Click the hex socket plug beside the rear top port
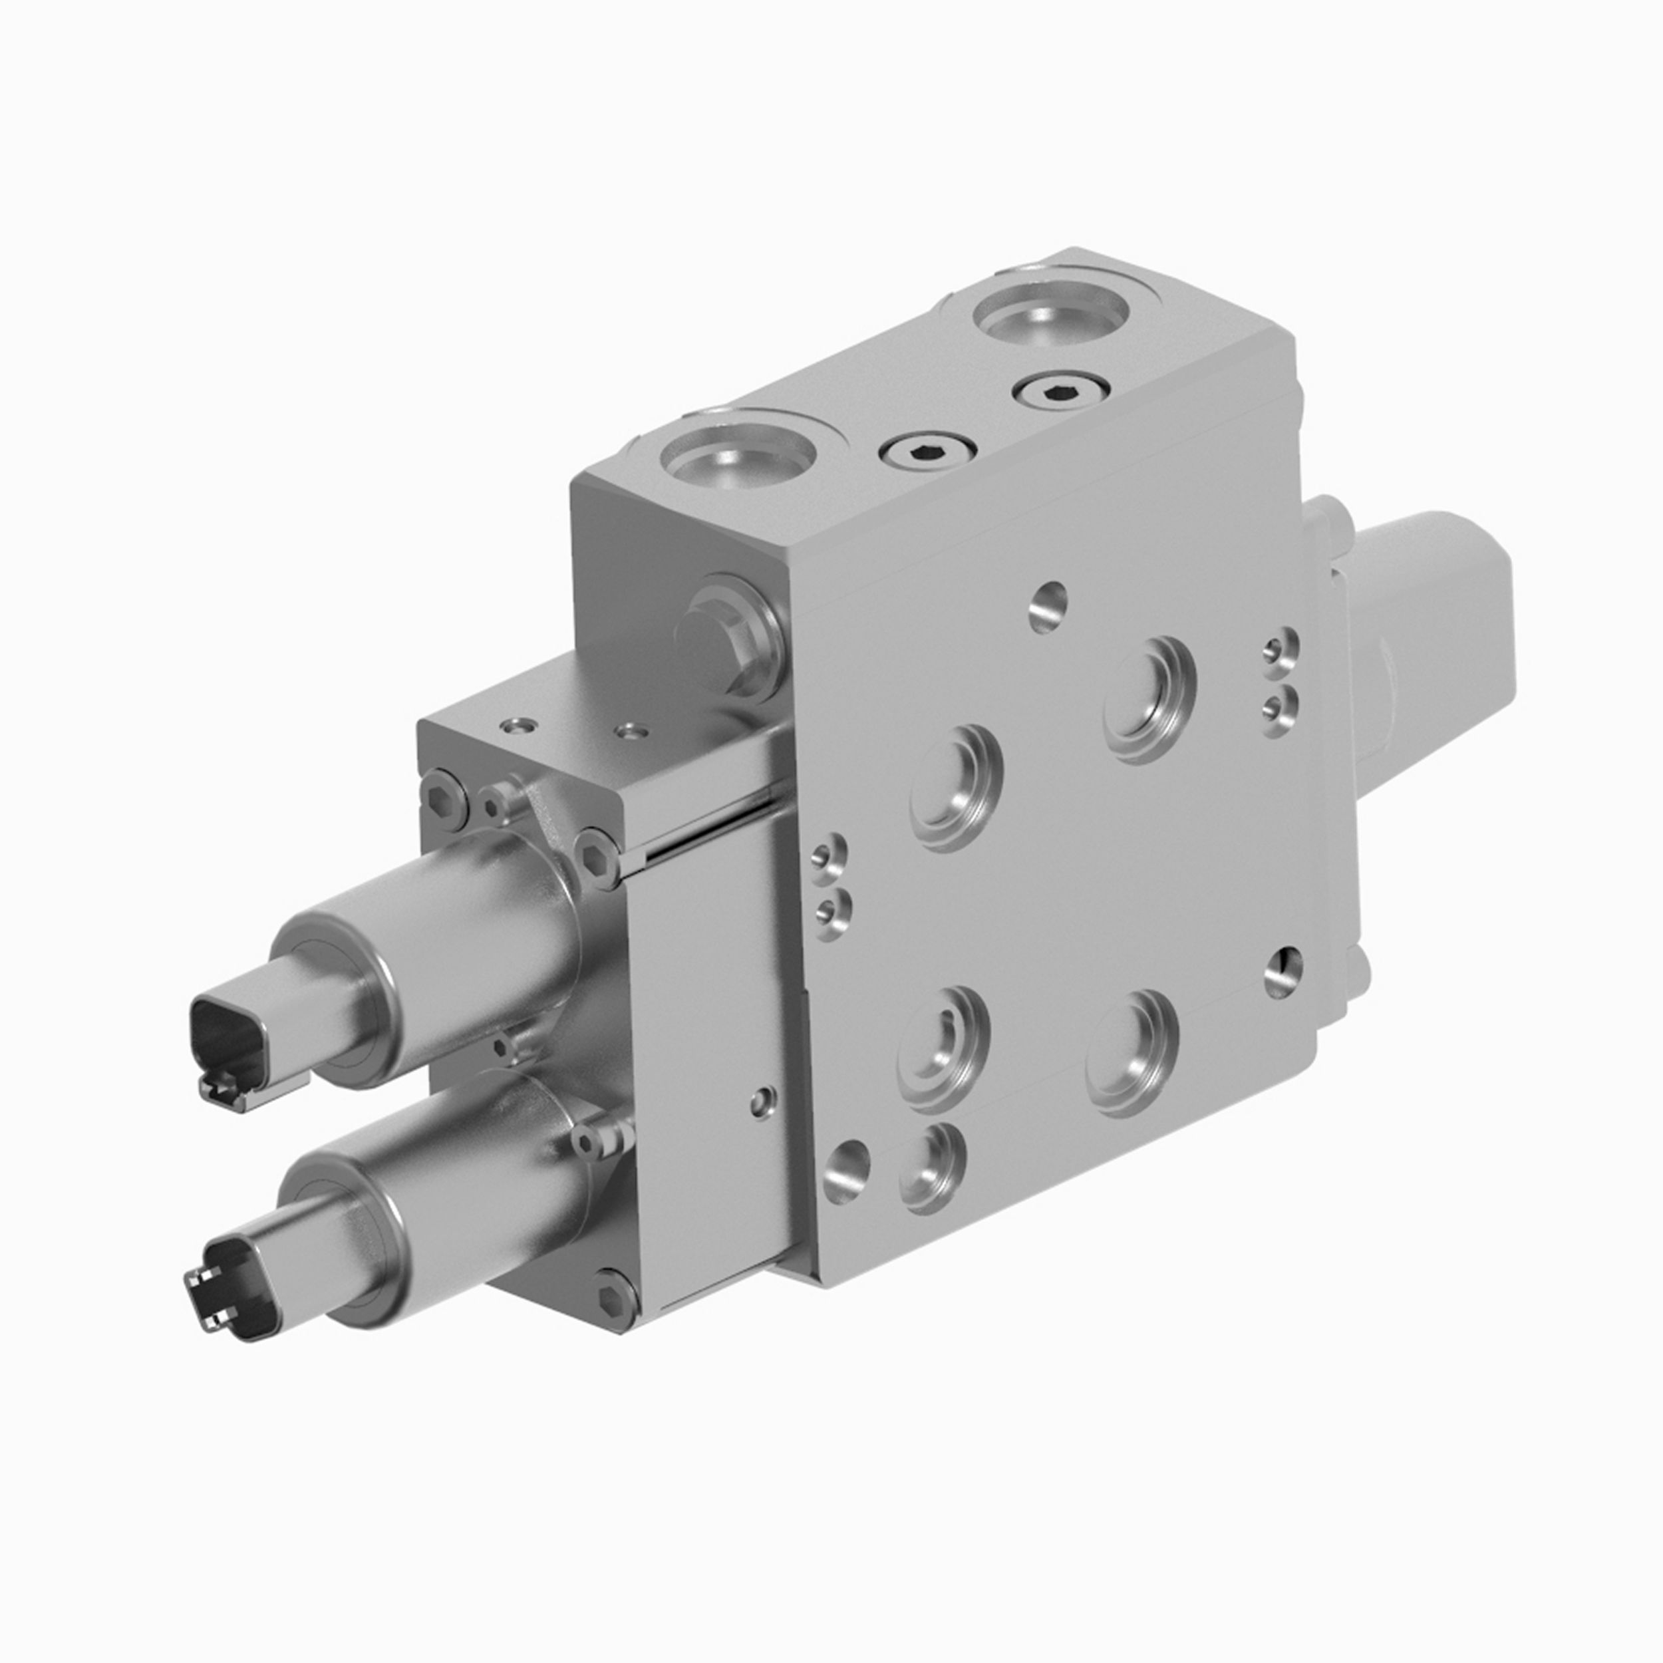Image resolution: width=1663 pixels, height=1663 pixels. click(x=1060, y=392)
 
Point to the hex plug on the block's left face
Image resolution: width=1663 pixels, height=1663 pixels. click(x=721, y=633)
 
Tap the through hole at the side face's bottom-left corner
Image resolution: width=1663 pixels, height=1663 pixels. click(x=845, y=1171)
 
